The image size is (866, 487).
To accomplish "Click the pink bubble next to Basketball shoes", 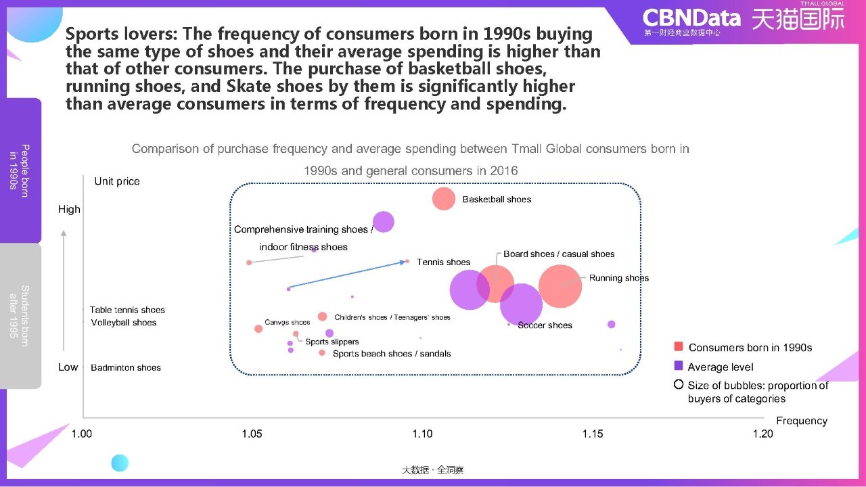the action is pyautogui.click(x=443, y=199).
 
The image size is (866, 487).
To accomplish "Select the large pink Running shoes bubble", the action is pyautogui.click(x=560, y=286).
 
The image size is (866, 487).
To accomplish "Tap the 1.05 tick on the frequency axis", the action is pyautogui.click(x=252, y=434).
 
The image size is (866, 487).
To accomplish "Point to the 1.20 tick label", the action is pyautogui.click(x=762, y=434).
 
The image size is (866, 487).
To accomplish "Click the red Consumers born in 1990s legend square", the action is pyautogui.click(x=678, y=346).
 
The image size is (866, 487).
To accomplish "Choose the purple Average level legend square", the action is pyautogui.click(x=678, y=366).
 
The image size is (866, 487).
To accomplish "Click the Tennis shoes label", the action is pyautogui.click(x=443, y=262).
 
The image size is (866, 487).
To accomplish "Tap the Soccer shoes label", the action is pyautogui.click(x=545, y=325).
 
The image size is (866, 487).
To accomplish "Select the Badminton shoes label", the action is pyautogui.click(x=126, y=367).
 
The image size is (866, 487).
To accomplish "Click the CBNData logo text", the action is pyautogui.click(x=691, y=18).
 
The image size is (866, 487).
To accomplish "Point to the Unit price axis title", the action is pyautogui.click(x=117, y=181).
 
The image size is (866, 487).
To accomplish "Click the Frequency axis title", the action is pyautogui.click(x=802, y=421).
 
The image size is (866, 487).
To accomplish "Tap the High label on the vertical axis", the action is pyautogui.click(x=69, y=209).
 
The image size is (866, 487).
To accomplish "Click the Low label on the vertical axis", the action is pyautogui.click(x=68, y=367).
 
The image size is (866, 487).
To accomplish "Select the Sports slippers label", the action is pyautogui.click(x=332, y=342).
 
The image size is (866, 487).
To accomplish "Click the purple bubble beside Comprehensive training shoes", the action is pyautogui.click(x=383, y=222).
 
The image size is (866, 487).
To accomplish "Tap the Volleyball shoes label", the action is pyautogui.click(x=124, y=323).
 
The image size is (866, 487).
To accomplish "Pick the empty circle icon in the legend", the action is pyautogui.click(x=679, y=385).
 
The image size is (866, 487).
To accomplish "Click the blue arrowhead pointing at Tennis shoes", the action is pyautogui.click(x=403, y=262).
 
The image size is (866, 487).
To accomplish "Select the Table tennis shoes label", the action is pyautogui.click(x=127, y=310).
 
